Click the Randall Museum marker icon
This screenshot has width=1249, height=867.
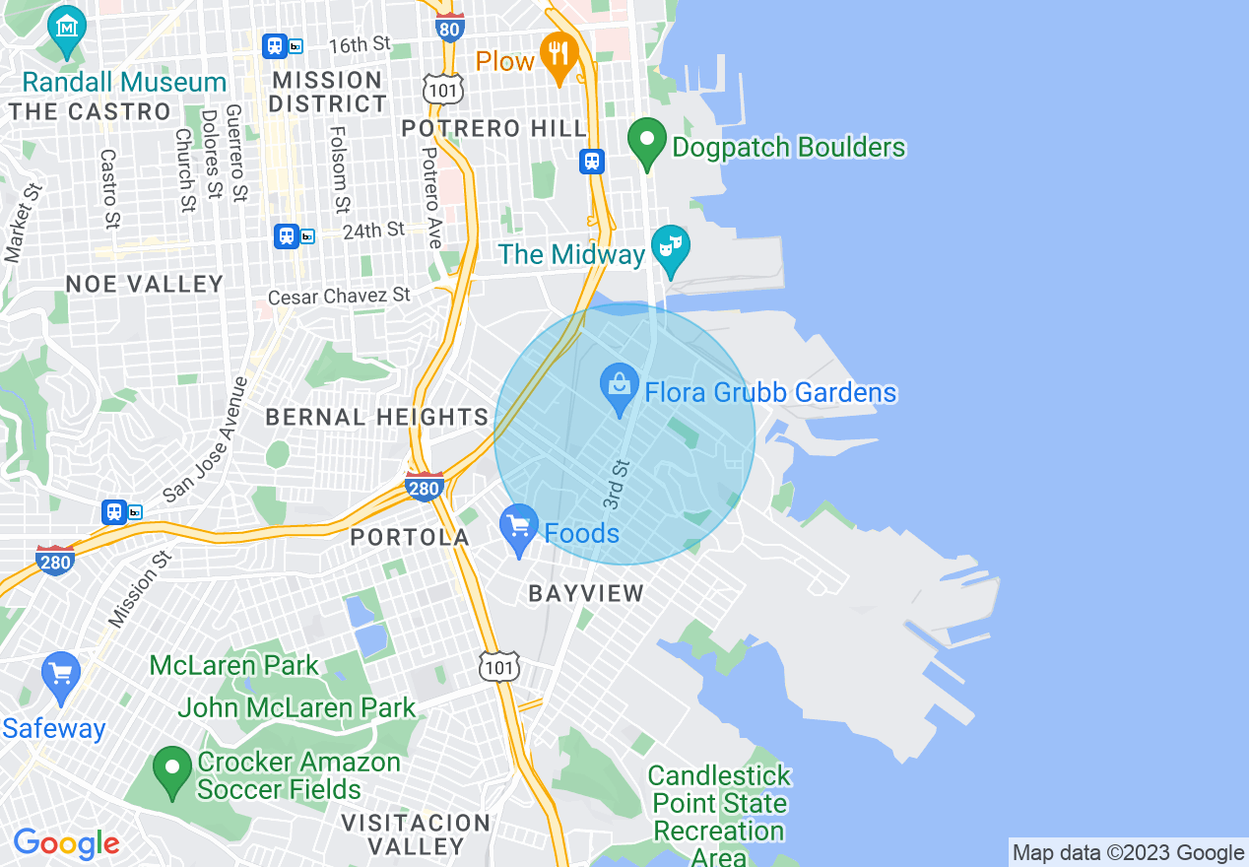[x=66, y=30]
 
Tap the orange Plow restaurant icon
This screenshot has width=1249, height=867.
[x=559, y=54]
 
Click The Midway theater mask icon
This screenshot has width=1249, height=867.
[x=670, y=247]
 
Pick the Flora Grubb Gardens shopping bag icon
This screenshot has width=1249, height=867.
[x=620, y=386]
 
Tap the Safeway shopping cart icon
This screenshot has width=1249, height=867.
[x=61, y=676]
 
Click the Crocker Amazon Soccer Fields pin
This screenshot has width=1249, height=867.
[x=173, y=769]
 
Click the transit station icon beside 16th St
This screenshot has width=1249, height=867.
[x=275, y=45]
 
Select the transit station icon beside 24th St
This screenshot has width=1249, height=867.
[x=287, y=235]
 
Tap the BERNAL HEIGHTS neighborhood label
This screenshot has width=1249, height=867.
[x=377, y=417]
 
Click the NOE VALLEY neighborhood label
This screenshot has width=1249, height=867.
[x=145, y=284]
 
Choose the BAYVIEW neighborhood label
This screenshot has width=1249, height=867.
[x=586, y=593]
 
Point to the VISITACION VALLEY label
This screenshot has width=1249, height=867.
[x=415, y=834]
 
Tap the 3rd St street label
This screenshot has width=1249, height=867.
[x=616, y=483]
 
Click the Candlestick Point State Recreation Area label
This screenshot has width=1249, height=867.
[x=719, y=817]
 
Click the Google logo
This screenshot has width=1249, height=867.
[x=66, y=843]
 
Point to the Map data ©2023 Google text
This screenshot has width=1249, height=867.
[x=1128, y=853]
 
